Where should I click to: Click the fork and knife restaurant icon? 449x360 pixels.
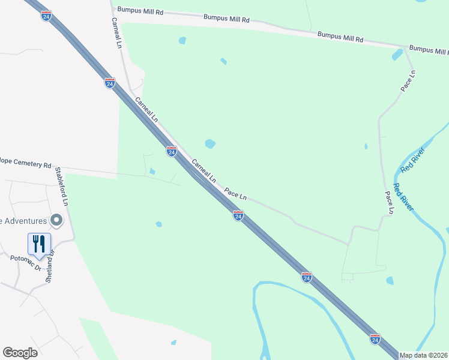[x=39, y=244]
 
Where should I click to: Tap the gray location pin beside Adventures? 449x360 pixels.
[x=57, y=221]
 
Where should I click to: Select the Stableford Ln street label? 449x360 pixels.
[x=62, y=187]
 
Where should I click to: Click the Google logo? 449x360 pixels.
[x=20, y=353]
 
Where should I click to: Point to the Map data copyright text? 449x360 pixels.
[x=423, y=355]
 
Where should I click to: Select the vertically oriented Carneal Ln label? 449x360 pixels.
[x=116, y=32]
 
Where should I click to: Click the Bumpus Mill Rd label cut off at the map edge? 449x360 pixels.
[x=429, y=48]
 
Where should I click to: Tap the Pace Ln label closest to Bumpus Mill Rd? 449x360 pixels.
[x=408, y=81]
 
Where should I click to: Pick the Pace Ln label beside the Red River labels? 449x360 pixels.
[x=390, y=202]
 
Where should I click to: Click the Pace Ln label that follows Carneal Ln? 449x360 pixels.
[x=235, y=193]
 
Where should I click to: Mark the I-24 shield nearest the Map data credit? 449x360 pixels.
[x=375, y=339]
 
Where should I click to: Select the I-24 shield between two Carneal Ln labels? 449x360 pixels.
[x=172, y=152]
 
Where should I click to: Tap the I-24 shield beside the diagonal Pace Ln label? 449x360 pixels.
[x=238, y=215]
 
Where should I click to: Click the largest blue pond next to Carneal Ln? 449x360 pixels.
[x=210, y=143]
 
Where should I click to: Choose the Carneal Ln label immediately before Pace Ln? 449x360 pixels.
[x=203, y=170]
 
